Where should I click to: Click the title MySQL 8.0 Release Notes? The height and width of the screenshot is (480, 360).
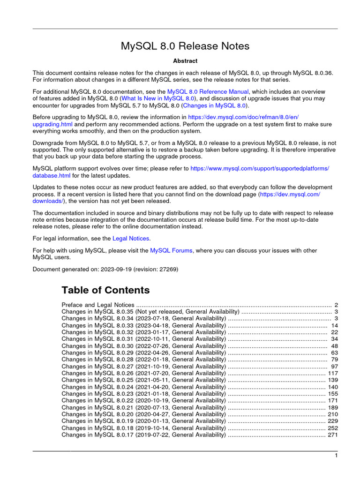(185, 46)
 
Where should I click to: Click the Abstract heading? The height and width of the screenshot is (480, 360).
(185, 61)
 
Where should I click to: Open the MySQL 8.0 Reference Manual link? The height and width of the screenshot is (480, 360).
(208, 92)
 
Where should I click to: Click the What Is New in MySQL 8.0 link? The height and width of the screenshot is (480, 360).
(158, 99)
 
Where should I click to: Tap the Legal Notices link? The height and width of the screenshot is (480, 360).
(131, 239)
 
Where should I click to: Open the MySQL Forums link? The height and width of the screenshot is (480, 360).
(171, 251)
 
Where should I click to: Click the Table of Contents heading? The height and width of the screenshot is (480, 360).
(105, 290)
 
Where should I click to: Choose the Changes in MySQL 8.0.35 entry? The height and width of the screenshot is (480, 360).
(150, 312)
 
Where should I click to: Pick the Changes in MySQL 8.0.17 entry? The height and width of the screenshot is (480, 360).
(143, 435)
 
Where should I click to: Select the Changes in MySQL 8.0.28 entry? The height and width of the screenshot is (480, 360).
(143, 360)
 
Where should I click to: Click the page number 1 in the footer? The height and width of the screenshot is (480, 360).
(336, 456)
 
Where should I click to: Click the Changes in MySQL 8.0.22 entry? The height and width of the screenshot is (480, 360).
(143, 401)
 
